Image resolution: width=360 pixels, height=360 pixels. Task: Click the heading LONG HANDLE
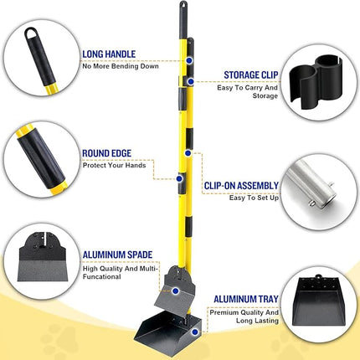110,53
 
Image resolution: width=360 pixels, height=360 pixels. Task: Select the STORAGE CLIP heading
249,75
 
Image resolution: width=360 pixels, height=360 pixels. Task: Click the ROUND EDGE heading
106,153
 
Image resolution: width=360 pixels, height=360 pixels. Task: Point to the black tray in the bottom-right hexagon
319,311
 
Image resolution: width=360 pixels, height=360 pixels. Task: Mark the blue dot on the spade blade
175,291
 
